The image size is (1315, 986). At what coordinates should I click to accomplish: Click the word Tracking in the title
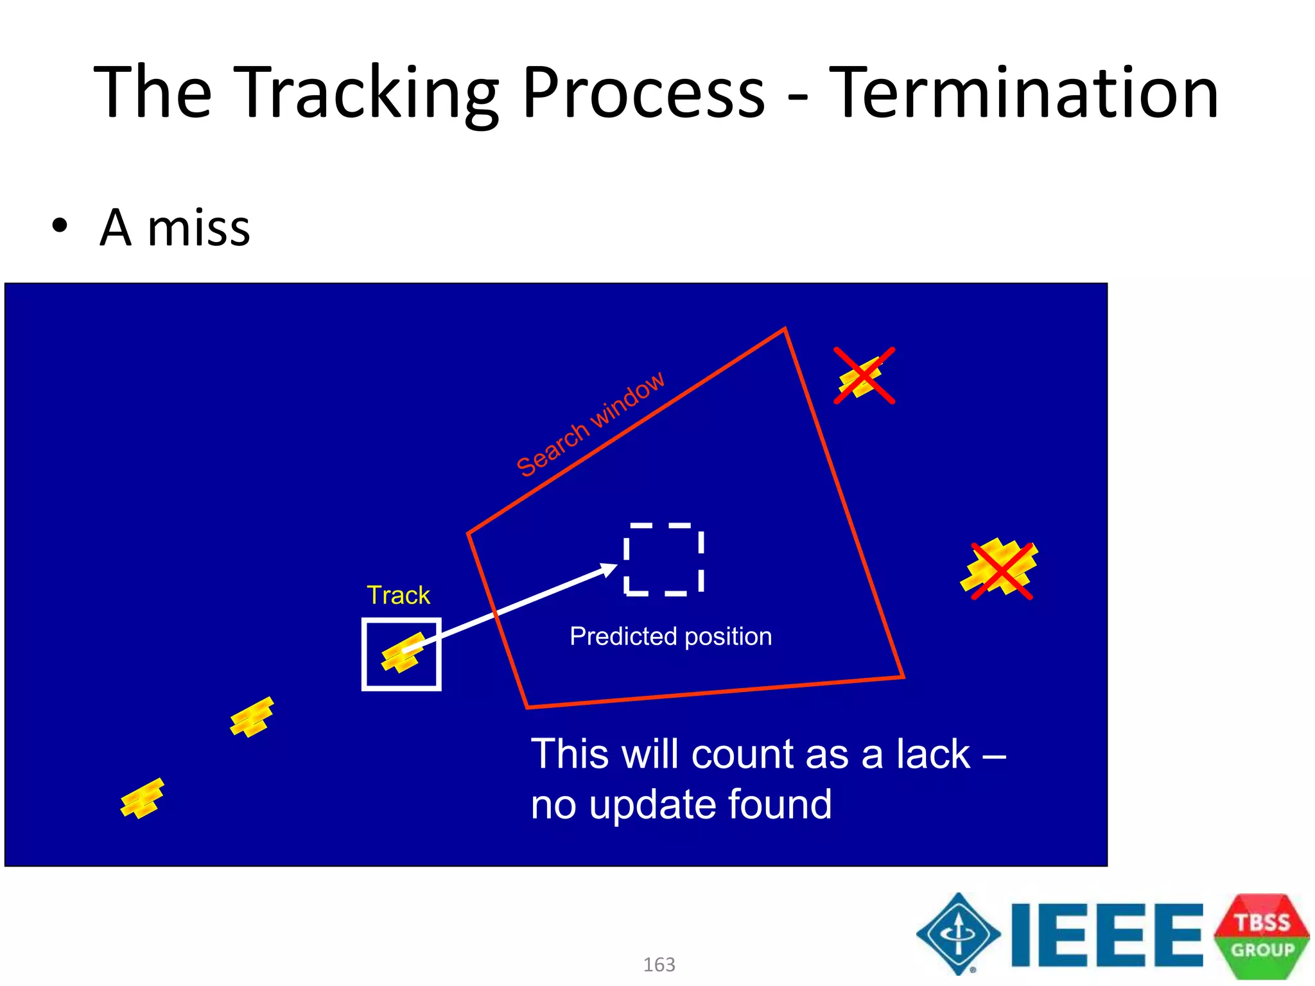pyautogui.click(x=368, y=93)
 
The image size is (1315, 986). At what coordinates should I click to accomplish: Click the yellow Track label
pyautogui.click(x=398, y=595)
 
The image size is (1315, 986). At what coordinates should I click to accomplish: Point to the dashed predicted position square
pyautogui.click(x=664, y=559)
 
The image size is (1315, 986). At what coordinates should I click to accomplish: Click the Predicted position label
pyautogui.click(x=670, y=636)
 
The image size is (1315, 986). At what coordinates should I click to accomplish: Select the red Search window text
pyautogui.click(x=591, y=424)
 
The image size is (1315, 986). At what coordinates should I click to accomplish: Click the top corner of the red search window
pyautogui.click(x=785, y=329)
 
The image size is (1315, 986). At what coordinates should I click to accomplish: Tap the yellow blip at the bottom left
pyautogui.click(x=142, y=798)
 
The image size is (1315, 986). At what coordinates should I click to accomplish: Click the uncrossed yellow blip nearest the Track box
pyautogui.click(x=252, y=717)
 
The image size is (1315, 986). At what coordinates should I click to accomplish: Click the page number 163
pyautogui.click(x=659, y=964)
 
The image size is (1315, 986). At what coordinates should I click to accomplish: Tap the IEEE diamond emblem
pyautogui.click(x=958, y=934)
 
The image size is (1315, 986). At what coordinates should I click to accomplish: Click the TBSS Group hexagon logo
pyautogui.click(x=1261, y=936)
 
